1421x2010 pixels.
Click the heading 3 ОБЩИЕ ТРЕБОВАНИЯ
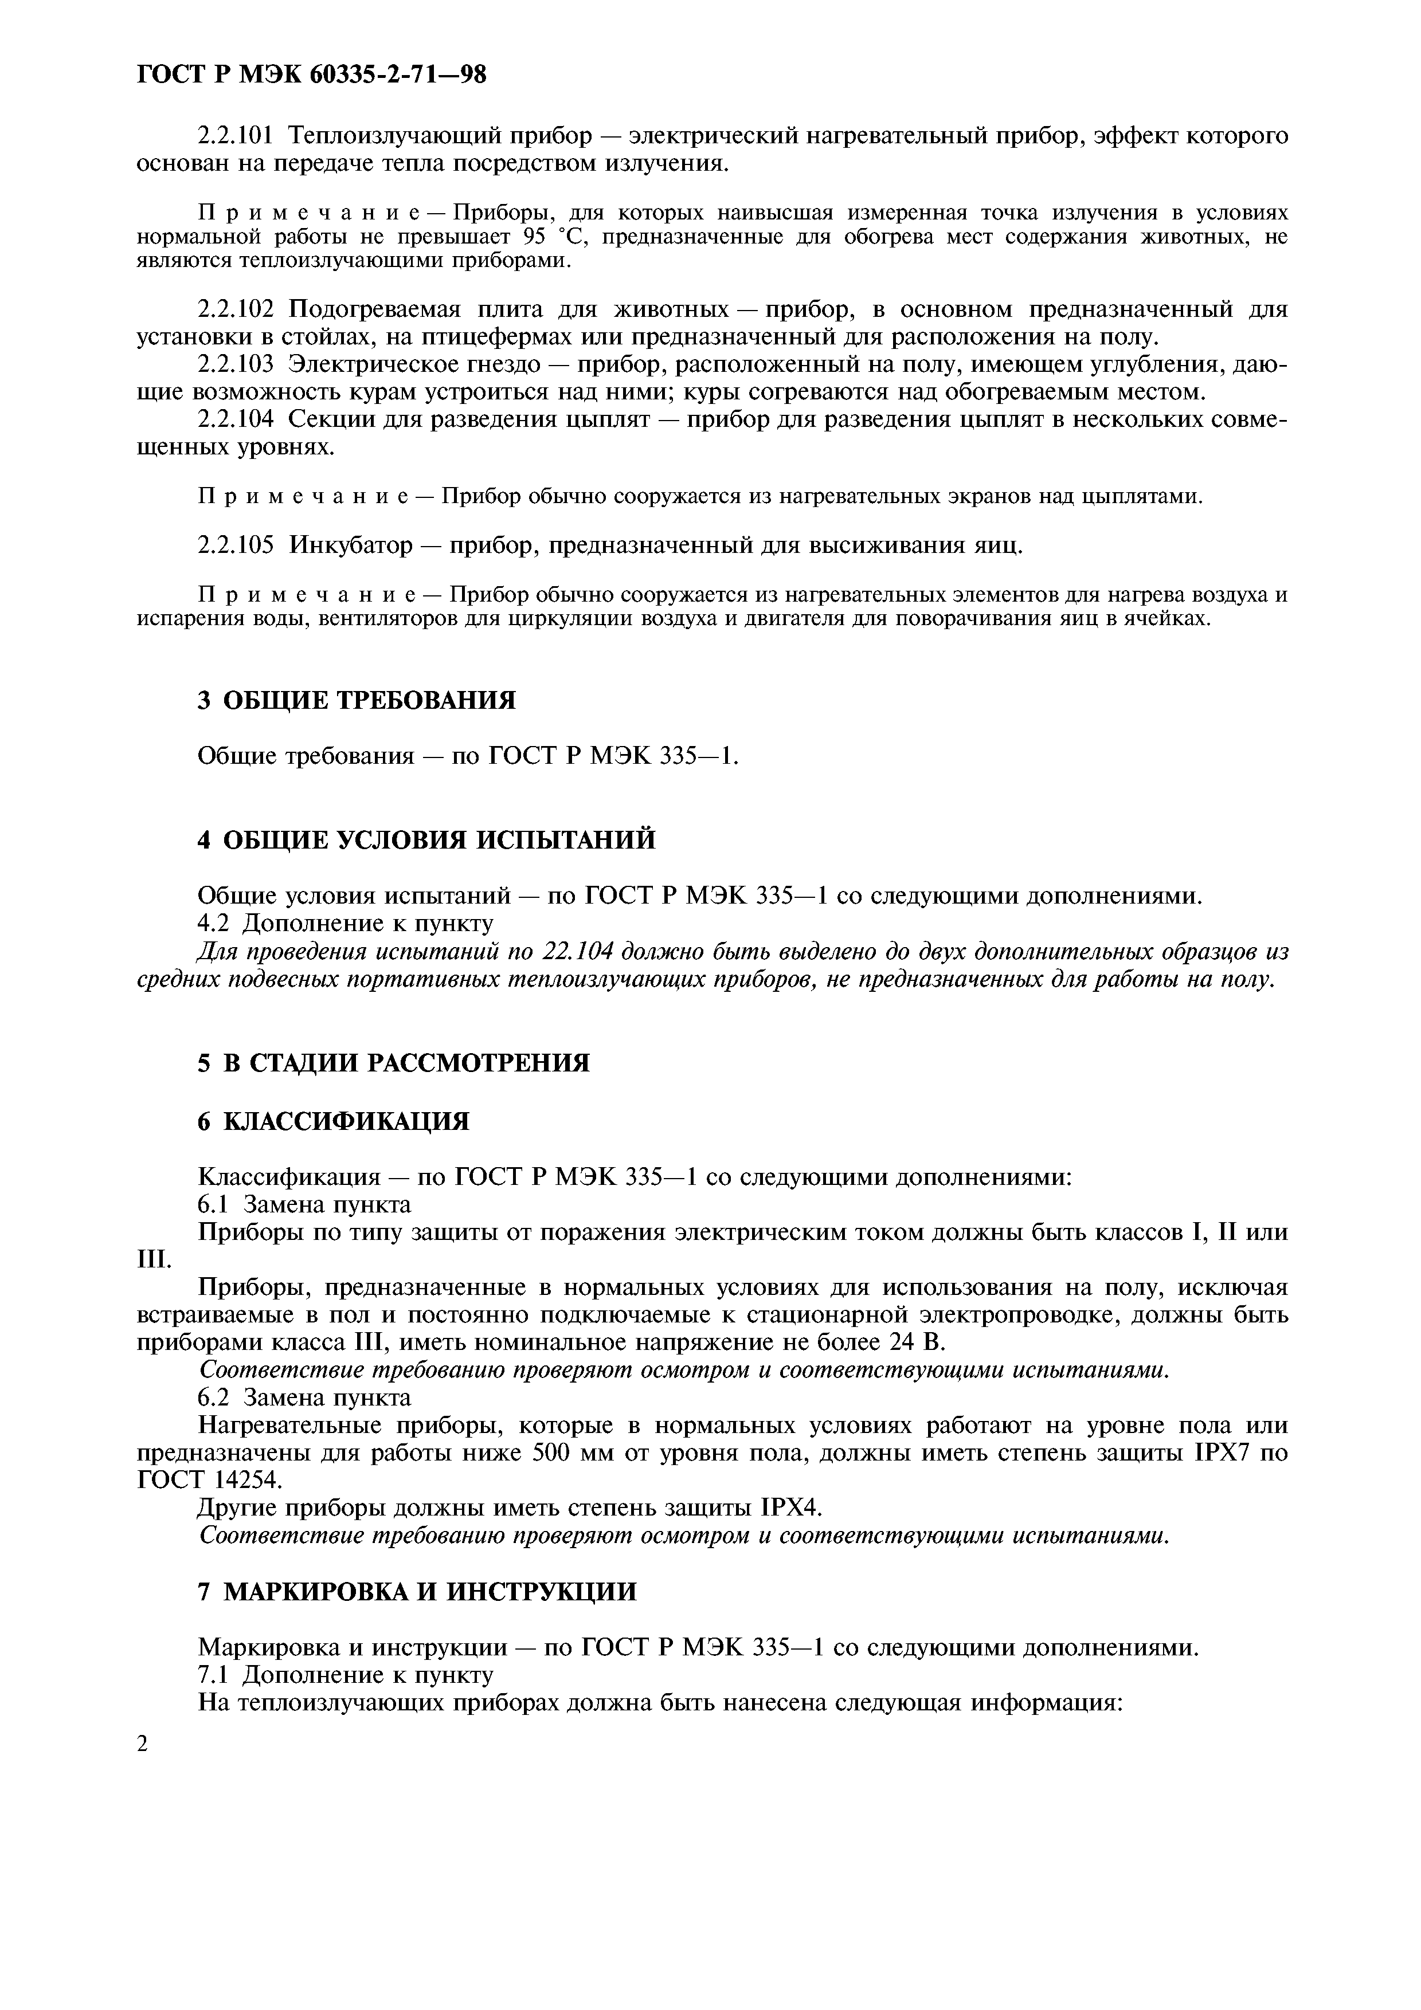point(357,700)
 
